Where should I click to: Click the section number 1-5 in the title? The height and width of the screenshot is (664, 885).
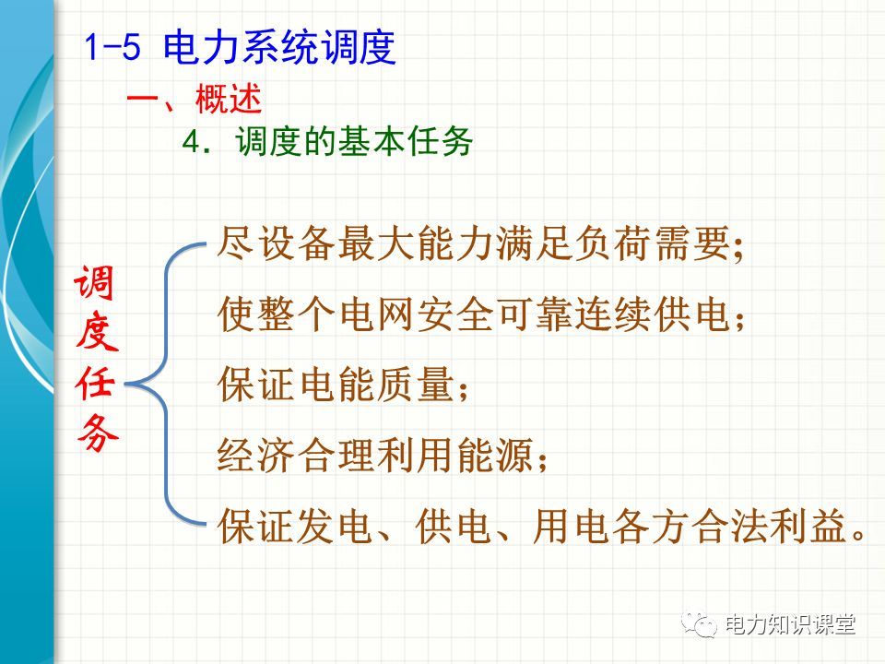point(112,46)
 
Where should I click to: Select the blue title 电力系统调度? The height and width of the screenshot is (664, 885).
point(278,46)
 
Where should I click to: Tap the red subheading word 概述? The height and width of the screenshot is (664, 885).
point(229,99)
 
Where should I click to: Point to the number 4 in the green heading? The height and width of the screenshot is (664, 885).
point(192,141)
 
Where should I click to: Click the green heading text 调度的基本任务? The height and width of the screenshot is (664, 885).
point(354,141)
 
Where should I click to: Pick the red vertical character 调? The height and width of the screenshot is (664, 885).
point(94,282)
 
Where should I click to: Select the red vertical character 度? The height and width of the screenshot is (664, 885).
point(96,332)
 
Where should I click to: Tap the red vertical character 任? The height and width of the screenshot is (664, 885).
point(96,383)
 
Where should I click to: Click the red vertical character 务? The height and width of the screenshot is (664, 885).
point(97,433)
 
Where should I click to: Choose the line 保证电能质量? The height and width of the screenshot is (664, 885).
point(342,385)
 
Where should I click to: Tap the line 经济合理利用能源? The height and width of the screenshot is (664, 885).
point(382,455)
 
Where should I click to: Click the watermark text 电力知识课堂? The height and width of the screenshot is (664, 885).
point(790,624)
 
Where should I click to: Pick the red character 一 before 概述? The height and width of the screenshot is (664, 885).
point(143,100)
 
